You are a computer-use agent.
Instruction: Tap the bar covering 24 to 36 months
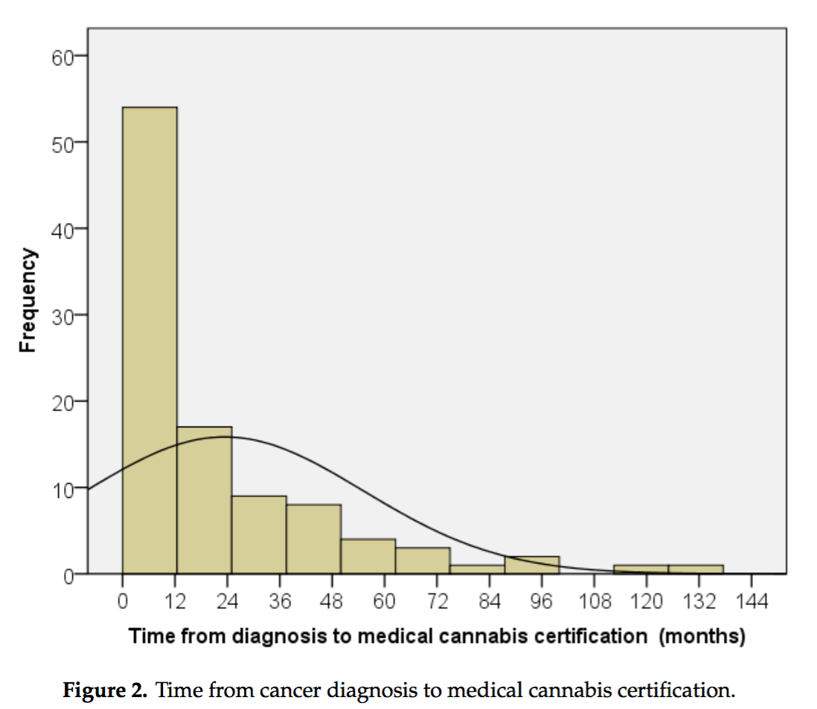(x=259, y=535)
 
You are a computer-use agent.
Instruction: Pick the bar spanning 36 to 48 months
(x=313, y=540)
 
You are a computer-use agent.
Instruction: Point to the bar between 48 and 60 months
(x=368, y=557)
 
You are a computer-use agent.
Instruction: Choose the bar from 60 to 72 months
(x=423, y=561)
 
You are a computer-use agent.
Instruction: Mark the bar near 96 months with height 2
(x=532, y=566)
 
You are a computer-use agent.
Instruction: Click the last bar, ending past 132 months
(x=696, y=570)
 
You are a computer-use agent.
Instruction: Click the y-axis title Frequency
(x=27, y=301)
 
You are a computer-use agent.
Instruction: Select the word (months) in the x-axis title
(x=702, y=637)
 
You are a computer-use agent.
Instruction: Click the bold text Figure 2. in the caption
(x=104, y=690)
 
